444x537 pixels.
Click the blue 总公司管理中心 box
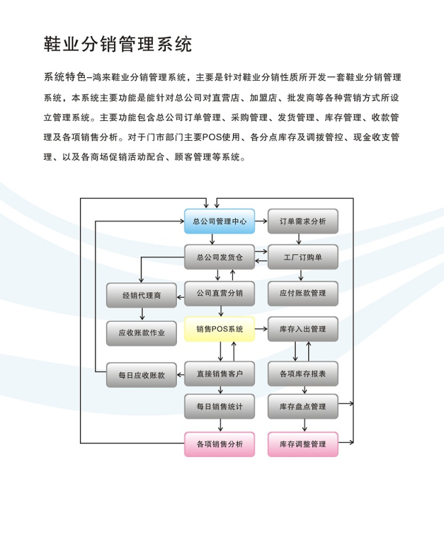pyautogui.click(x=219, y=221)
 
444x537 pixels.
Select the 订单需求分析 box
pyautogui.click(x=303, y=221)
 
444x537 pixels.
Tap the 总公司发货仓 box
pyautogui.click(x=219, y=257)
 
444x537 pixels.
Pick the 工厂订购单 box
pyautogui.click(x=303, y=257)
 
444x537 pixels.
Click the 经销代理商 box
pyautogui.click(x=141, y=295)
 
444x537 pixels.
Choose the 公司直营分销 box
pyautogui.click(x=219, y=294)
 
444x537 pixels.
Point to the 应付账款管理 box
pyautogui.click(x=303, y=294)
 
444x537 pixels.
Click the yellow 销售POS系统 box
pyautogui.click(x=219, y=329)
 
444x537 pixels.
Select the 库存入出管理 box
pyautogui.click(x=303, y=329)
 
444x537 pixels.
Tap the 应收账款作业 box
pyautogui.click(x=141, y=333)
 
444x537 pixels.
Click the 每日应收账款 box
pyautogui.click(x=141, y=375)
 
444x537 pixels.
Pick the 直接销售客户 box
pyautogui.click(x=219, y=374)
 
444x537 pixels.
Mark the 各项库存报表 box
pyautogui.click(x=303, y=374)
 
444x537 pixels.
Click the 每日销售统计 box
pyautogui.click(x=219, y=407)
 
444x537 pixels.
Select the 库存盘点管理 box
pyautogui.click(x=303, y=407)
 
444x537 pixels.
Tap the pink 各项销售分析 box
pyautogui.click(x=219, y=444)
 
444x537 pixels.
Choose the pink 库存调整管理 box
pyautogui.click(x=303, y=444)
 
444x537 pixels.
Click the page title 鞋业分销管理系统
pyautogui.click(x=117, y=44)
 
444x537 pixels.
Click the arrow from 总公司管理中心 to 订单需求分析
pyautogui.click(x=261, y=221)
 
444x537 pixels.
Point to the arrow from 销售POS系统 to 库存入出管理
pyautogui.click(x=261, y=329)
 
